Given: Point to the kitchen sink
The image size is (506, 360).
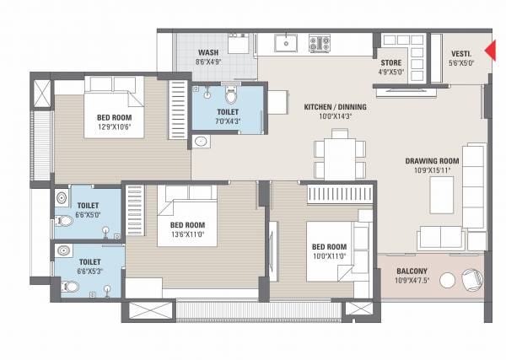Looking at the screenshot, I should click(x=287, y=42).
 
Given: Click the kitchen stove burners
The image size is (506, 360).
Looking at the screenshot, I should click(x=319, y=42).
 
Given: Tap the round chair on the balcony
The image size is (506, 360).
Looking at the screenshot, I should click(x=471, y=277).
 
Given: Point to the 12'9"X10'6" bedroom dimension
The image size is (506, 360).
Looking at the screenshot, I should click(x=113, y=124).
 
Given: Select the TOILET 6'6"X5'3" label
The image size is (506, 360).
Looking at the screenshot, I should click(x=89, y=266).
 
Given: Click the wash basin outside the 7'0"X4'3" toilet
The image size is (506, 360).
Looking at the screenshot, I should click(x=202, y=142).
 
